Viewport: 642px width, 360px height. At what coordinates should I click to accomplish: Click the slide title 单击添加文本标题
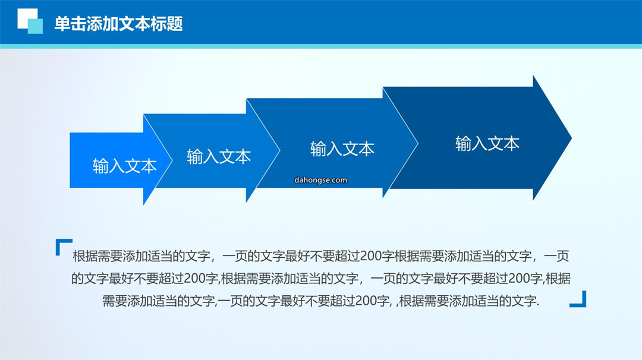click(x=118, y=24)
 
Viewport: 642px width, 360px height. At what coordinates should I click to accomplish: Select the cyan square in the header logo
click(x=35, y=26)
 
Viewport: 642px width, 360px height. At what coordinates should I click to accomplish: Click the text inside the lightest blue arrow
click(x=124, y=166)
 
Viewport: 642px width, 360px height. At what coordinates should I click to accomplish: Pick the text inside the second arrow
click(x=219, y=157)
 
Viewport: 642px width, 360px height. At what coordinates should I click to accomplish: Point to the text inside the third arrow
click(x=342, y=149)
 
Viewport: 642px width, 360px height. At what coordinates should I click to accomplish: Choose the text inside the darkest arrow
click(x=487, y=144)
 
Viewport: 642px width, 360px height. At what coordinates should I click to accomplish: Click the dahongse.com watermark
click(x=320, y=180)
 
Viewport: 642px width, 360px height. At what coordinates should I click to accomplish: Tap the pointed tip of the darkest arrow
click(x=571, y=138)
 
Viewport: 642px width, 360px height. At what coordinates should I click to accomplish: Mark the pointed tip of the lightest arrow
click(x=172, y=160)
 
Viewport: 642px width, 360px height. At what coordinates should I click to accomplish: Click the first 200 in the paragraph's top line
click(x=371, y=256)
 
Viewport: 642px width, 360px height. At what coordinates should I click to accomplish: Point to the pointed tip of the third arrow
click(x=418, y=143)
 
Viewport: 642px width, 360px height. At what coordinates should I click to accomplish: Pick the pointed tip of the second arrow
click(x=279, y=150)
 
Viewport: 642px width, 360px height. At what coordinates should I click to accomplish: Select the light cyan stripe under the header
click(x=321, y=46)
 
